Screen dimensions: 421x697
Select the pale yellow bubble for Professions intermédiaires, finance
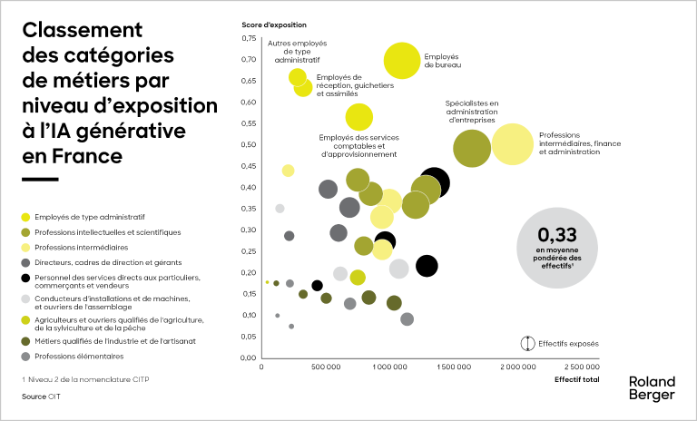click(513, 145)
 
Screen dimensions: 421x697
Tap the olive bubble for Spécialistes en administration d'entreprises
click(471, 148)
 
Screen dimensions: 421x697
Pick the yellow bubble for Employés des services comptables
click(359, 117)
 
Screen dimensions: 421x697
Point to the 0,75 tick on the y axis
click(248, 39)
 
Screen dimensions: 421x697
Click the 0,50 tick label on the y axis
click(248, 145)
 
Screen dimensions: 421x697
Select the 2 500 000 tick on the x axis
click(581, 367)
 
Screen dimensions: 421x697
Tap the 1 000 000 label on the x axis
click(389, 367)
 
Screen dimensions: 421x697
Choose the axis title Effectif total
click(576, 379)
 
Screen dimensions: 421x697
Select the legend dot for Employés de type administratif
click(25, 217)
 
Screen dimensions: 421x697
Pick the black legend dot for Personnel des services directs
click(25, 277)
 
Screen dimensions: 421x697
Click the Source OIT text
click(35, 397)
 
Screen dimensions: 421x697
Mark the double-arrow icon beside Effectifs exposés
click(525, 344)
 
